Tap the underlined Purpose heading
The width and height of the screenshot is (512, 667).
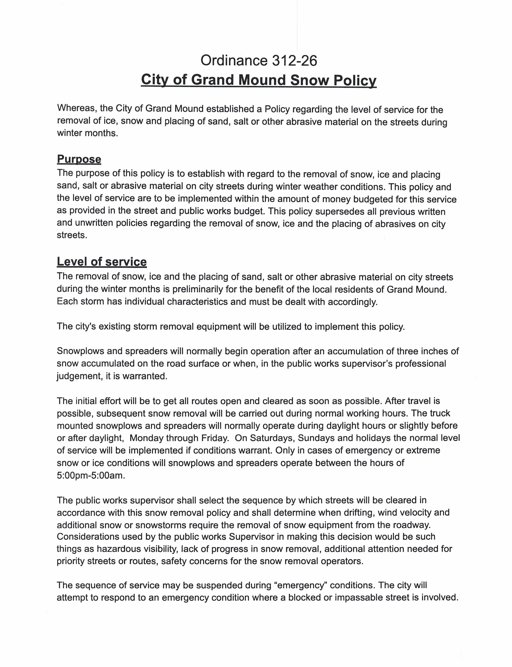click(79, 159)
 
